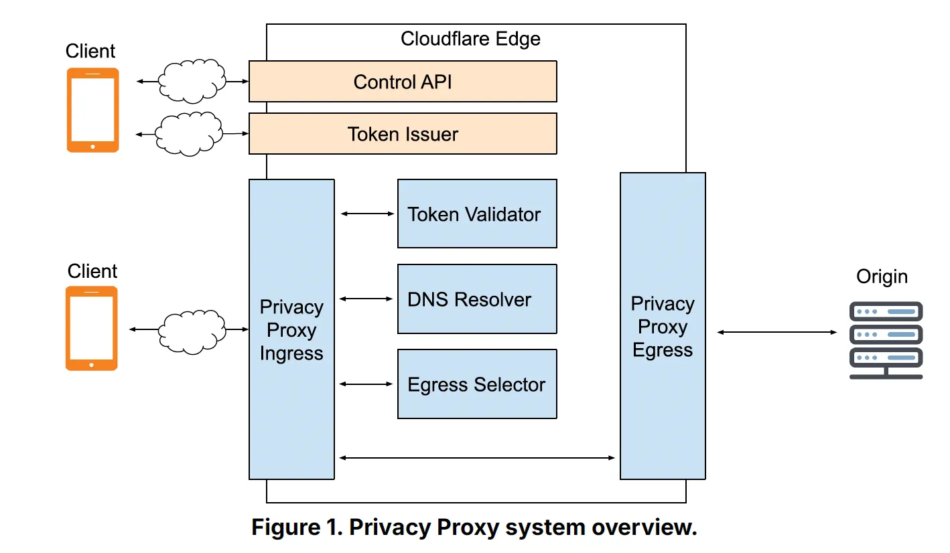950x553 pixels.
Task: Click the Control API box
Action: [403, 82]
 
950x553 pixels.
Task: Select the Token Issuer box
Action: [403, 134]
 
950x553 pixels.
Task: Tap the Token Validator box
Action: [477, 214]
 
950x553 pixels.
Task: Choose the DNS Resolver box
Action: [477, 299]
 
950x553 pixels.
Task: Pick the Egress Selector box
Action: [477, 384]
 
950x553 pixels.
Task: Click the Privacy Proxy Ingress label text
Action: [291, 330]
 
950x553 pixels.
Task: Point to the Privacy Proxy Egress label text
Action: [663, 327]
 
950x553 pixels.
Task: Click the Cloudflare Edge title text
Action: [470, 39]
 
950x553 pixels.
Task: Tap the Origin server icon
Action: [886, 340]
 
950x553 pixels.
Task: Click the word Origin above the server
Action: [882, 276]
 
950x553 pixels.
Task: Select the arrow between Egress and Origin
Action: [777, 332]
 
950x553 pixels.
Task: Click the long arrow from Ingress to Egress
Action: [477, 458]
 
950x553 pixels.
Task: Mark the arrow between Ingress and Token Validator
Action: [367, 214]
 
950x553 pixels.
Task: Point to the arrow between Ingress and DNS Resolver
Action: [367, 299]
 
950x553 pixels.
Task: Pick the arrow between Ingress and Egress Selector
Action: [367, 384]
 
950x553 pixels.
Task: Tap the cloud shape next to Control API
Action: [192, 81]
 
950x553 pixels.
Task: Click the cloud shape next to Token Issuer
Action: [190, 134]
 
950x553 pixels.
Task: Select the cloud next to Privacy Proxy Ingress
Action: [192, 329]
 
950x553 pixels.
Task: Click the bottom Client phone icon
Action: [92, 328]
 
